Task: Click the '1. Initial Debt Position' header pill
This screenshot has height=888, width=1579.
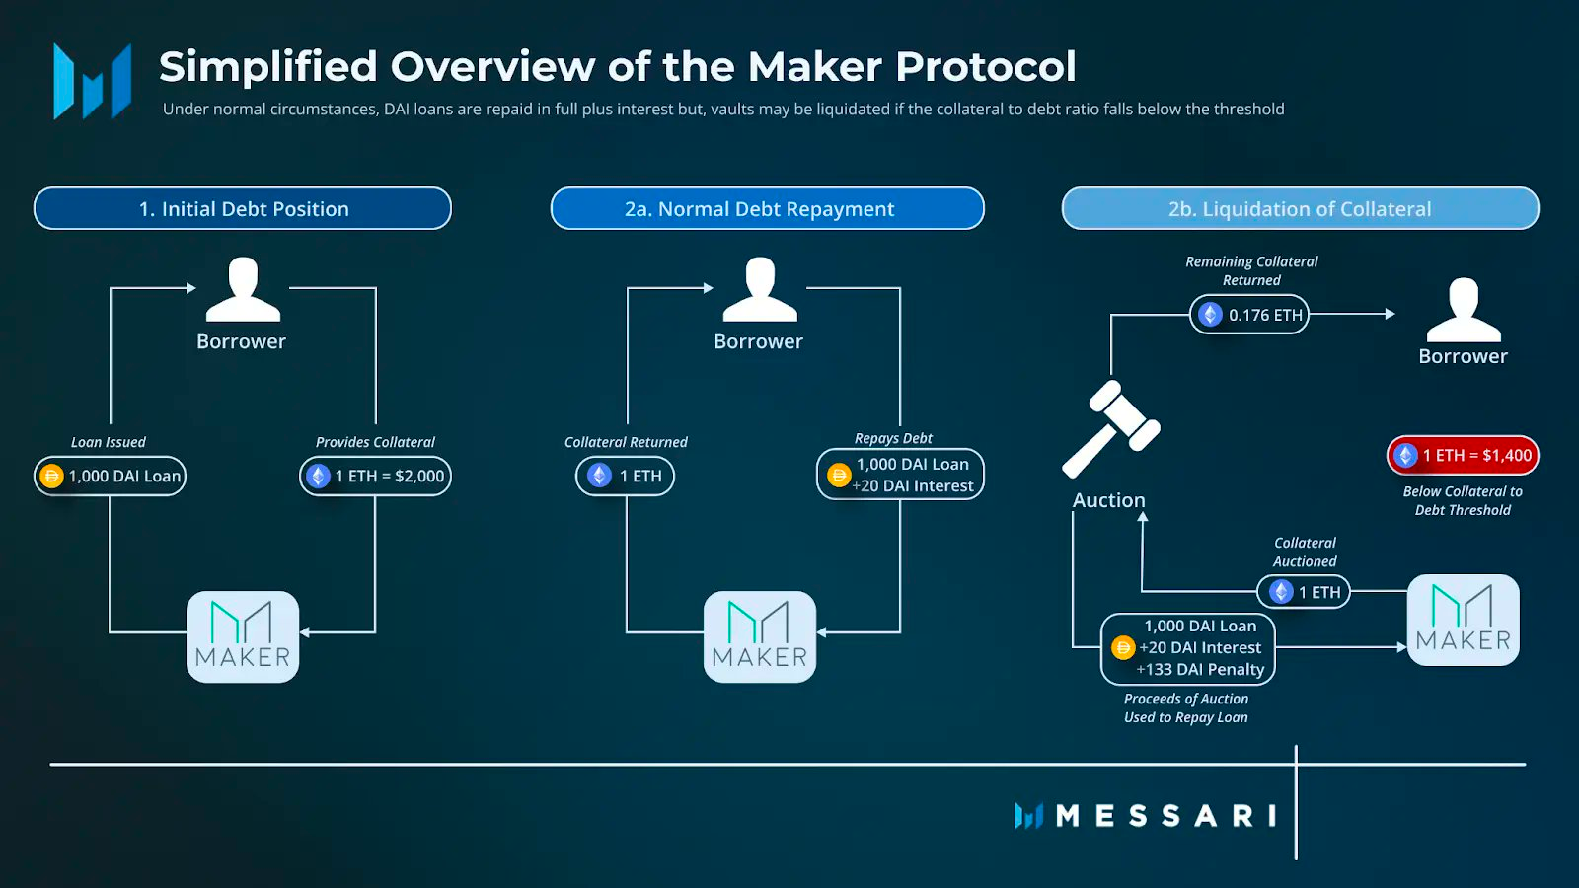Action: click(x=243, y=209)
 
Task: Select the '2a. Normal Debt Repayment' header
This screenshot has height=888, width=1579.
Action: click(x=767, y=209)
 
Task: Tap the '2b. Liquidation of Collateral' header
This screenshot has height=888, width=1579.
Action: click(x=1300, y=209)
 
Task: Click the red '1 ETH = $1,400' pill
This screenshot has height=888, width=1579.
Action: click(x=1463, y=455)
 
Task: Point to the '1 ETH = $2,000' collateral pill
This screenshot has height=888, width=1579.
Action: click(x=375, y=476)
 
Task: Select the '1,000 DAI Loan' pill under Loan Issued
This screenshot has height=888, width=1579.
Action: click(x=110, y=476)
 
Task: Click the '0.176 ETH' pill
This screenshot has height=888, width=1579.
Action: click(x=1249, y=315)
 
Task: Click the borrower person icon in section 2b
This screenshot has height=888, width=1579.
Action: click(x=1463, y=311)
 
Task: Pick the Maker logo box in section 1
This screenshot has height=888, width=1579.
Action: click(x=243, y=636)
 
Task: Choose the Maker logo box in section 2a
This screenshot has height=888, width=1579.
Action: click(x=760, y=636)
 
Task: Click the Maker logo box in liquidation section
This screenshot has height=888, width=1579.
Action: click(x=1463, y=620)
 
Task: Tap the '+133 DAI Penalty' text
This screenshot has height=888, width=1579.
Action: click(x=1201, y=669)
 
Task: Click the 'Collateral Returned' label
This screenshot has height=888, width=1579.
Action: click(x=626, y=442)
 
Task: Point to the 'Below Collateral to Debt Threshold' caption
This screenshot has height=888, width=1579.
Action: click(x=1463, y=500)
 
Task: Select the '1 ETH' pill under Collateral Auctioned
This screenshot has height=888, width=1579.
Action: click(x=1304, y=592)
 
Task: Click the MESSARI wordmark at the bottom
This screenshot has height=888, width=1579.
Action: click(x=1165, y=816)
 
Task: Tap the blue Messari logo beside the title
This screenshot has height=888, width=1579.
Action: click(x=92, y=81)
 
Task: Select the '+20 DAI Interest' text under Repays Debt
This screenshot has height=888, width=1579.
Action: click(x=913, y=485)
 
